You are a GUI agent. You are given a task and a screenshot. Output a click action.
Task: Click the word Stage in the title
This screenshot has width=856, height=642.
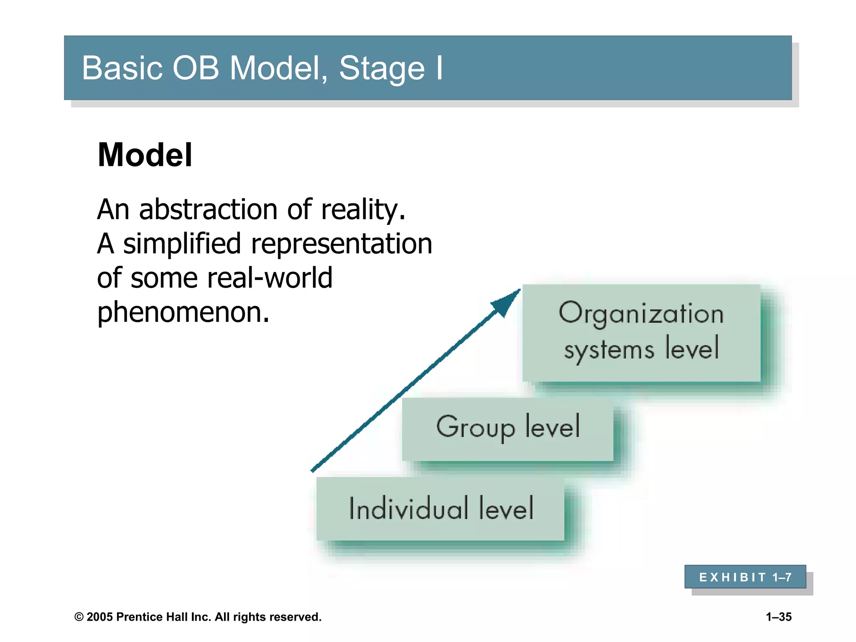382,68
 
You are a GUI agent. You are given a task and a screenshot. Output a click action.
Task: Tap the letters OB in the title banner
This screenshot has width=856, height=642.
196,68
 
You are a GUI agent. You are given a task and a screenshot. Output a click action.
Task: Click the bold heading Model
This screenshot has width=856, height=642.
145,155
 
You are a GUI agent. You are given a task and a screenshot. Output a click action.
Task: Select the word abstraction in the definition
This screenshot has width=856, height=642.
208,209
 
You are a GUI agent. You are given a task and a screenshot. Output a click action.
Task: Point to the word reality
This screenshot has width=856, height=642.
363,209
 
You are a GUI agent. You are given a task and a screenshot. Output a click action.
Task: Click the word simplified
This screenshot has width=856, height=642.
182,244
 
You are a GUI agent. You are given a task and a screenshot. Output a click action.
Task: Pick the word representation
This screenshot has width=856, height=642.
341,244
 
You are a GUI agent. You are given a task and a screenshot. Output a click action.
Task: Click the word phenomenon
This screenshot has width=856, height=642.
183,312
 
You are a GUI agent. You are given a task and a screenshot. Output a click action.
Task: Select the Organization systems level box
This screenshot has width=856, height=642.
641,333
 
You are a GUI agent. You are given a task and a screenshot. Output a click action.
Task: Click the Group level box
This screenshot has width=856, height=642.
507,429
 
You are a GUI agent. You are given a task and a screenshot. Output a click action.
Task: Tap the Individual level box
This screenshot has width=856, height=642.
440,509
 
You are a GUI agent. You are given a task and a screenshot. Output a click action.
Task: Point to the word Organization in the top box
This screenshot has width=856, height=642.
641,313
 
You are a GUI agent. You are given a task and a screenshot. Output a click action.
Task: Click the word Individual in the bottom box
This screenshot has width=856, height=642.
408,509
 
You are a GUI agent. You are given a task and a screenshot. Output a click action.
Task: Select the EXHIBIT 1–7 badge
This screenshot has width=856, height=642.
745,577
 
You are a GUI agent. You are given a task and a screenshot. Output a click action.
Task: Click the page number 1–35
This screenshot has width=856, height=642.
779,617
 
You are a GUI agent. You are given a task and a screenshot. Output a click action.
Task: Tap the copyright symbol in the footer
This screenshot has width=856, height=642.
79,617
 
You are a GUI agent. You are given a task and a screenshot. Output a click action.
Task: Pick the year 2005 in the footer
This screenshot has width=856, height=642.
100,617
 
